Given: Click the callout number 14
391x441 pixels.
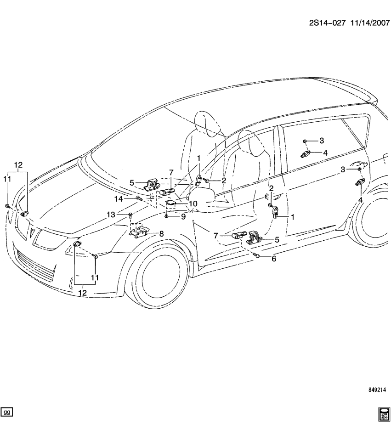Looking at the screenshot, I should (119, 198).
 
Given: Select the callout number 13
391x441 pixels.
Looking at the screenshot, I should (111, 215).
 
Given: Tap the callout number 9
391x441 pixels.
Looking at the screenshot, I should (182, 216).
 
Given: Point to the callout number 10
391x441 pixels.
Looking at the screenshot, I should (193, 204).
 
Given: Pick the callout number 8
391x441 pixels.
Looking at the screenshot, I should (161, 233).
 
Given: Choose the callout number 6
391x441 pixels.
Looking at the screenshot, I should (273, 259).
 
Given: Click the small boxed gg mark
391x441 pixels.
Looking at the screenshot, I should (7, 412).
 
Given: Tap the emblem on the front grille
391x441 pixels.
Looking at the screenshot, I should (33, 232).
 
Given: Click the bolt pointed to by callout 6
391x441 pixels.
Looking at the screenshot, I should (257, 255).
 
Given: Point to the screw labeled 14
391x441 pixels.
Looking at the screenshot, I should (137, 198).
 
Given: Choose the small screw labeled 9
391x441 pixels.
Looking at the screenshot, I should (166, 216).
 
